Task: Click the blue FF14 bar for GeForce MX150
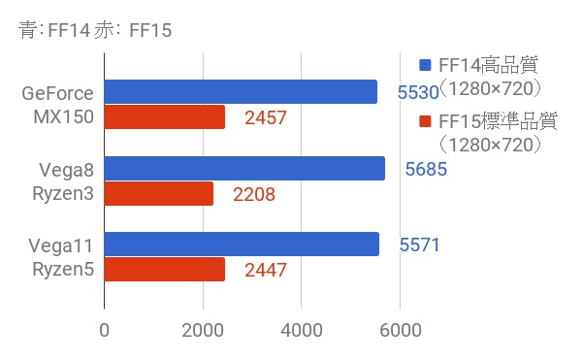pyautogui.click(x=241, y=92)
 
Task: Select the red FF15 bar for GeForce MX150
pyautogui.click(x=165, y=117)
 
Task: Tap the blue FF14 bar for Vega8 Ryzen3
pyautogui.click(x=244, y=169)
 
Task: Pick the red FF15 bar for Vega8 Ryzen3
pyautogui.click(x=158, y=194)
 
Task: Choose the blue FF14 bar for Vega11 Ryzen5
pyautogui.click(x=242, y=245)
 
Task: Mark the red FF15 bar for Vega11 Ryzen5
pyautogui.click(x=165, y=270)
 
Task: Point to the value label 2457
pyautogui.click(x=266, y=118)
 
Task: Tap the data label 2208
pyautogui.click(x=254, y=195)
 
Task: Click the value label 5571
pyautogui.click(x=420, y=245)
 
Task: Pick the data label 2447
pyautogui.click(x=266, y=271)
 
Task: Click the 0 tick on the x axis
pyautogui.click(x=104, y=330)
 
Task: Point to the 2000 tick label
pyautogui.click(x=203, y=330)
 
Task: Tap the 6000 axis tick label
pyautogui.click(x=400, y=330)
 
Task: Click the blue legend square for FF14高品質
pyautogui.click(x=424, y=66)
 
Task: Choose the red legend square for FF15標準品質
pyautogui.click(x=424, y=122)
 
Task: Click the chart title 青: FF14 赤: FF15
pyautogui.click(x=95, y=30)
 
